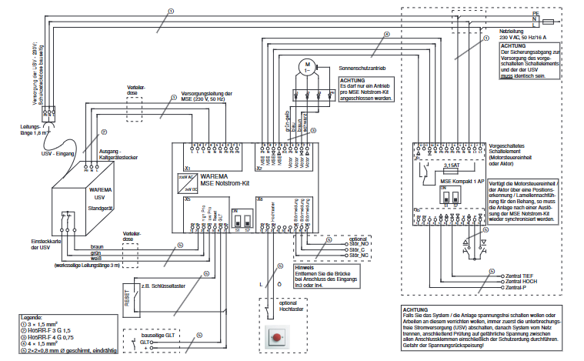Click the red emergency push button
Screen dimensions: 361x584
tap(275, 336)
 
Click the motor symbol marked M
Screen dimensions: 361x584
tap(305, 67)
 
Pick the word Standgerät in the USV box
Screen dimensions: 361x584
tap(99, 208)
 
